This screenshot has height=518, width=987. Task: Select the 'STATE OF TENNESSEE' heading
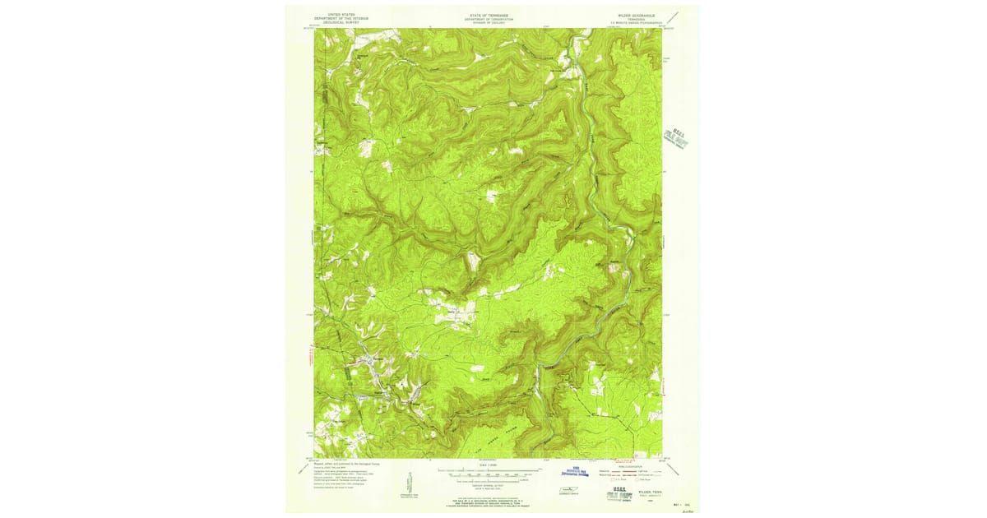488,15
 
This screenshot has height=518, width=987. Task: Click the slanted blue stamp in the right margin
675,137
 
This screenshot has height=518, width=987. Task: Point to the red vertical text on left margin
312,358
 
